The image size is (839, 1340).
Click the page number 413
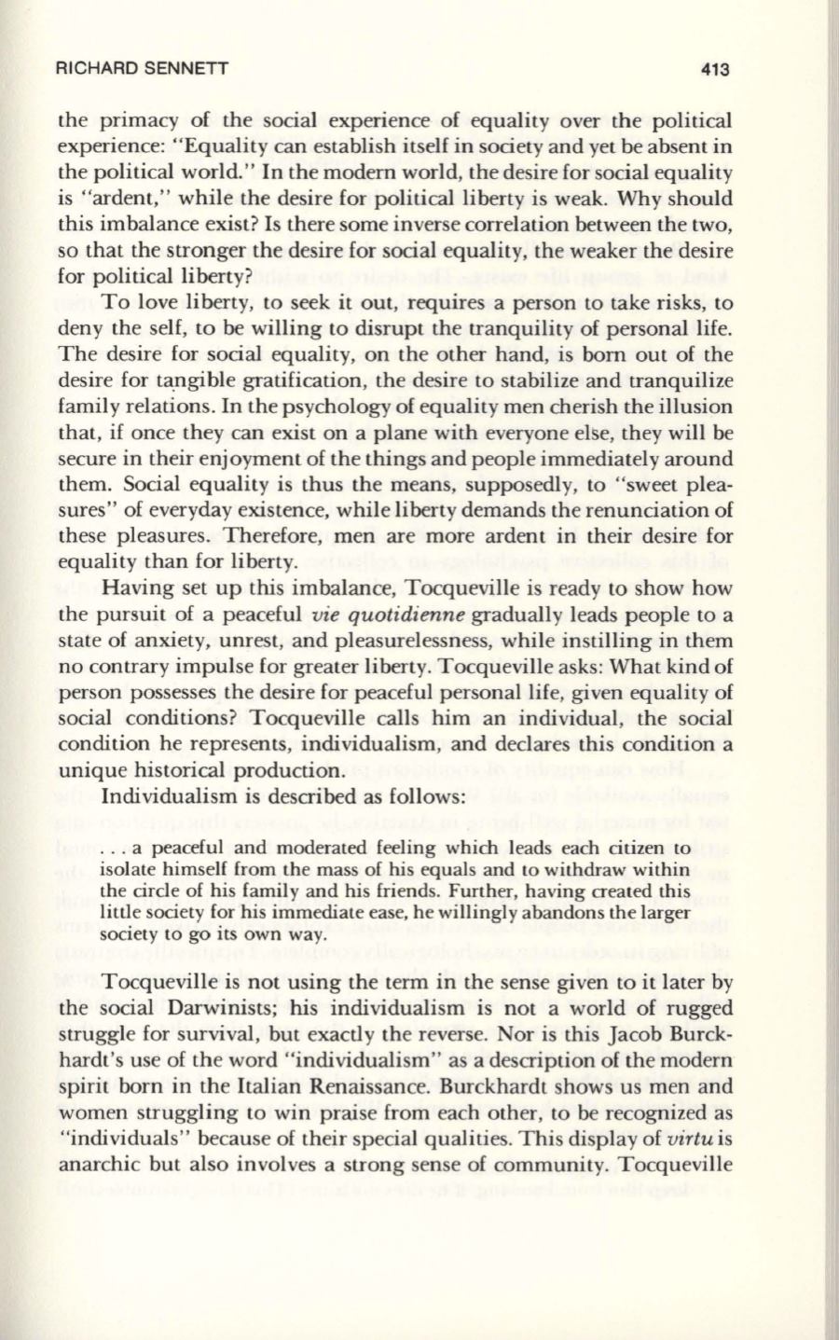pos(712,69)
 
